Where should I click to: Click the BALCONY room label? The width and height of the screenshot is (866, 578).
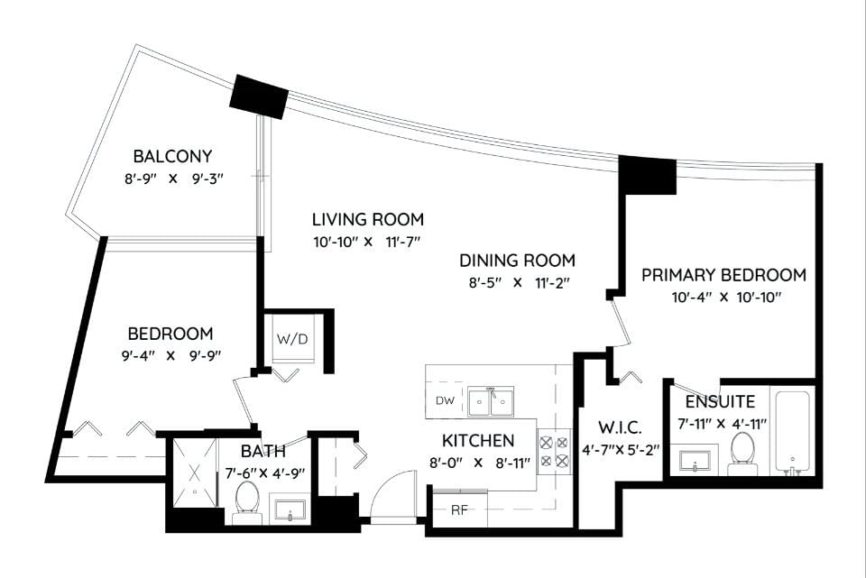172,156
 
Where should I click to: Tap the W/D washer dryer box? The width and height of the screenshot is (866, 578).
292,338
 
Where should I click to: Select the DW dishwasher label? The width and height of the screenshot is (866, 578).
445,400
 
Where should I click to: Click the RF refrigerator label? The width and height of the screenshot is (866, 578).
459,510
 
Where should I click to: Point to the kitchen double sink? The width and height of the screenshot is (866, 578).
491,400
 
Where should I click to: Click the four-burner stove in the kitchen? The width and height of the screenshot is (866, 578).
554,451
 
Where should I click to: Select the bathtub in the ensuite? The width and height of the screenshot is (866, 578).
792,432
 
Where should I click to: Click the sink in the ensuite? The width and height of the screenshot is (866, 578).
695,461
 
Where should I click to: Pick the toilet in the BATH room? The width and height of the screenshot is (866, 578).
246,502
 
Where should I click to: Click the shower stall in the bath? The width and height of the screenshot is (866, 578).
195,473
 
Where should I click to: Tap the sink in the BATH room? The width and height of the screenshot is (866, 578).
290,510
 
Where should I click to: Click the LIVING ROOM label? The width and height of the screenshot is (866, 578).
368,219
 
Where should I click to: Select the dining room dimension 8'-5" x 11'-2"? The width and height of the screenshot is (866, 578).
517,282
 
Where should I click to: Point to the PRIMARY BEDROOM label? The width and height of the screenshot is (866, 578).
723,274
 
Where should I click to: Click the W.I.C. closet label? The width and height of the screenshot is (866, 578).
620,427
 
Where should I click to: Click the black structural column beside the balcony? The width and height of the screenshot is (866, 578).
259,96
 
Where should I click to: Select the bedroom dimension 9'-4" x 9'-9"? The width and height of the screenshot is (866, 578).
171,355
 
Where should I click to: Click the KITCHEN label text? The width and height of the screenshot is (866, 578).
478,441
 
